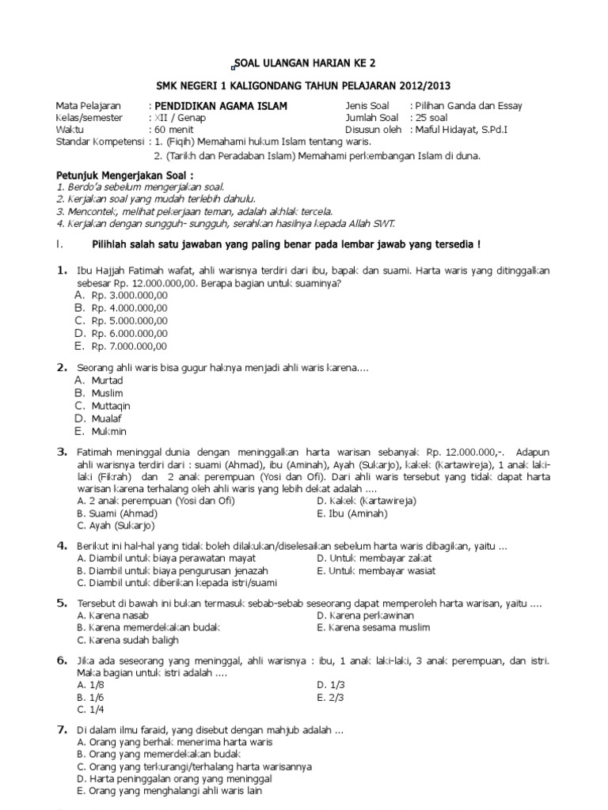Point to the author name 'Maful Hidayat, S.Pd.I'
[463, 130]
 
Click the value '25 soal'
[432, 118]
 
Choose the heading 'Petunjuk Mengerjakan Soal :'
[124, 174]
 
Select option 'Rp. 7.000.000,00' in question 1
[129, 346]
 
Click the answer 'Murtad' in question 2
[108, 380]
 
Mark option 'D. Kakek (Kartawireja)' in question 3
[366, 501]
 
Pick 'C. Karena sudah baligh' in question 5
[127, 640]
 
